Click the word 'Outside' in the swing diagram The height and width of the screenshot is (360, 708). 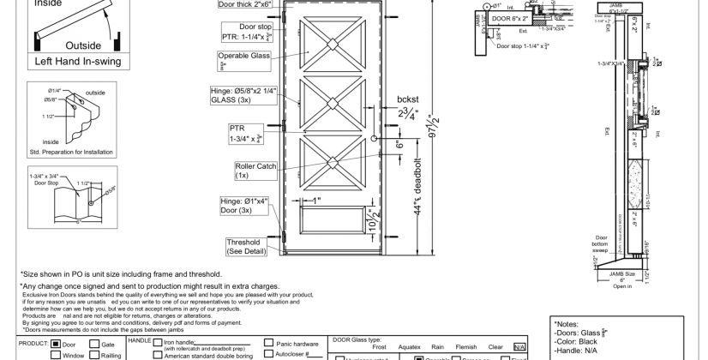tap(83, 45)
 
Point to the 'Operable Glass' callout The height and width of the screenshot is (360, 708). tap(244, 60)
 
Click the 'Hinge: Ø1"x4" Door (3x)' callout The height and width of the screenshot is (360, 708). tap(245, 206)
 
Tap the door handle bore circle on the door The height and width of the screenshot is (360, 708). tap(375, 139)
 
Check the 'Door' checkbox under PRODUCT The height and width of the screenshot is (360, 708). tap(56, 344)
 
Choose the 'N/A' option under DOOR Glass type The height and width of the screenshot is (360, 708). tap(519, 347)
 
